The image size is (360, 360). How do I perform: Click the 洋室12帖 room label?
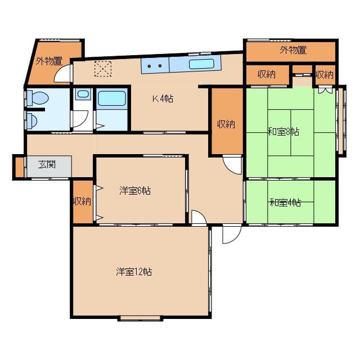(134, 272)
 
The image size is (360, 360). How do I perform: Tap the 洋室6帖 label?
(135, 191)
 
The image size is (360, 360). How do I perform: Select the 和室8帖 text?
(283, 132)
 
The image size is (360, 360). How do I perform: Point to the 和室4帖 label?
(285, 202)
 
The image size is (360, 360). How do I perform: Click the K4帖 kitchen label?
(163, 99)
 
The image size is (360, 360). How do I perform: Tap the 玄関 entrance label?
(47, 165)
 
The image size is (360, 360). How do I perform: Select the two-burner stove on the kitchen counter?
(155, 65)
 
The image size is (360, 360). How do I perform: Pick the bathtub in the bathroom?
(112, 99)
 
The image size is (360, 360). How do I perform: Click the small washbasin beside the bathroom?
(83, 94)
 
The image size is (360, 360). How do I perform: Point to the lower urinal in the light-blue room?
(33, 120)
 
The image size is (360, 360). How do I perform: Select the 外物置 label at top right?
(292, 50)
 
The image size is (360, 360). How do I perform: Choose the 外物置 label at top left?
(49, 61)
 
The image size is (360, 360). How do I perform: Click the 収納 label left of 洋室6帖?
(82, 201)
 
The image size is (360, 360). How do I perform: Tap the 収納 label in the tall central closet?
(226, 124)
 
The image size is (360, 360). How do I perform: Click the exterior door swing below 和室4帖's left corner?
(231, 234)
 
